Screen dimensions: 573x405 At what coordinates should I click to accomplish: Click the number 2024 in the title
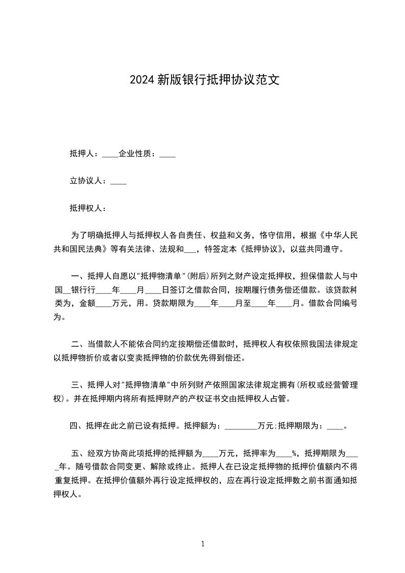pyautogui.click(x=141, y=80)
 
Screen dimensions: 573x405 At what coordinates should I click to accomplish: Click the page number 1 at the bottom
pyautogui.click(x=203, y=544)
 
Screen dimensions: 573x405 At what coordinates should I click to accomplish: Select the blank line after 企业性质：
pyautogui.click(x=168, y=154)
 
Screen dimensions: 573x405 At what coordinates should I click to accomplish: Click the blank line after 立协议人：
pyautogui.click(x=118, y=181)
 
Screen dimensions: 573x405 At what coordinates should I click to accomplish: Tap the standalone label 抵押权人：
pyautogui.click(x=88, y=208)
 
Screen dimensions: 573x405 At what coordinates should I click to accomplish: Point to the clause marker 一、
pyautogui.click(x=78, y=277)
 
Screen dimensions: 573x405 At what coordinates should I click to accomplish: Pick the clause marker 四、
pyautogui.click(x=78, y=425)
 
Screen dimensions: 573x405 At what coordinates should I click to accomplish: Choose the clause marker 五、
pyautogui.click(x=78, y=452)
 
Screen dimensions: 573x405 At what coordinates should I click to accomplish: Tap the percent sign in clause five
pyautogui.click(x=294, y=452)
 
